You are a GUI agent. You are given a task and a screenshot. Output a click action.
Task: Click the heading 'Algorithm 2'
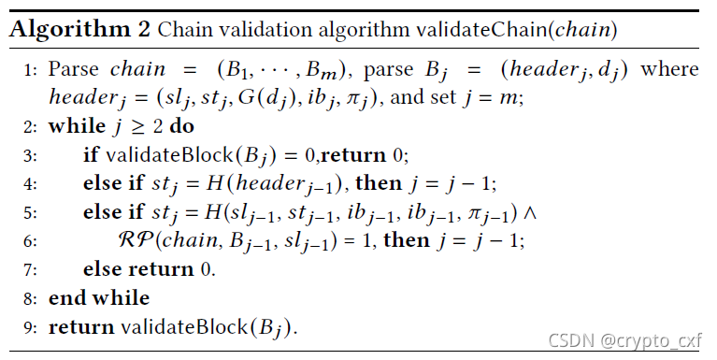[79, 30]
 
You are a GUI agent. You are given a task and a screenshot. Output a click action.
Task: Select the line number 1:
[30, 70]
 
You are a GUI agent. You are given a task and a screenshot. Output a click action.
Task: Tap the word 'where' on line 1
[669, 69]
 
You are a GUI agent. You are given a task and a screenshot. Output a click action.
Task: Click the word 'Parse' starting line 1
[73, 69]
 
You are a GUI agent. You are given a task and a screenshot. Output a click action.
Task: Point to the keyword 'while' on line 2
[77, 126]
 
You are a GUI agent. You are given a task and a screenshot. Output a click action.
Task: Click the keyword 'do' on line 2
[181, 126]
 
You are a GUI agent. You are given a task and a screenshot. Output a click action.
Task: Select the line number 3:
[30, 156]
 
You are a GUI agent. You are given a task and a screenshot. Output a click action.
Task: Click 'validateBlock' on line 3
[169, 155]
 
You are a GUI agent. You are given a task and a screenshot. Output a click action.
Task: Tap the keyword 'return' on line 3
[353, 155]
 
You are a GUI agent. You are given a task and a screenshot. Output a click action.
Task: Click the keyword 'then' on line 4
[379, 183]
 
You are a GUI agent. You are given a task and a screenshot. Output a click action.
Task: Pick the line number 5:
[30, 213]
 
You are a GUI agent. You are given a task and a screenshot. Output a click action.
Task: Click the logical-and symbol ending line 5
[529, 212]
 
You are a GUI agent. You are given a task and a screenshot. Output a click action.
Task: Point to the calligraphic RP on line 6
[136, 239]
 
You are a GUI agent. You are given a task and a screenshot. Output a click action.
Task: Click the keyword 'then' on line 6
[407, 239]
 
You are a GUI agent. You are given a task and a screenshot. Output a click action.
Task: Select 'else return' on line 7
[138, 269]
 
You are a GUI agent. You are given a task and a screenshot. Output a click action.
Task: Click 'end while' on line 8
[99, 297]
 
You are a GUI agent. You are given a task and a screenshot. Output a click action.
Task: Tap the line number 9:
[30, 328]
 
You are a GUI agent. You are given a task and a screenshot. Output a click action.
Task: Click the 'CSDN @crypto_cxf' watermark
[624, 340]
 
